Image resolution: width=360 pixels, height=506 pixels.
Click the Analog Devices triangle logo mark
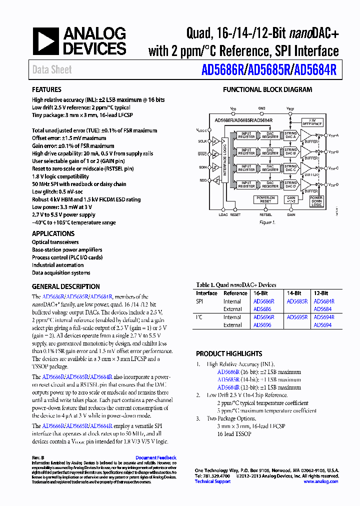pyautogui.click(x=46, y=42)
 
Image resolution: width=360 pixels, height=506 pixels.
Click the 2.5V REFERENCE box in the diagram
pyautogui.click(x=312, y=121)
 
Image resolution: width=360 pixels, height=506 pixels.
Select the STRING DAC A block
pyautogui.click(x=290, y=135)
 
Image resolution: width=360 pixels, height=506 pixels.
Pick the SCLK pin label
pyautogui.click(x=201, y=141)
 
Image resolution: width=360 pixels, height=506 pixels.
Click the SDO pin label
pyautogui.click(x=202, y=180)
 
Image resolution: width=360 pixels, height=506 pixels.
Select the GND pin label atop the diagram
pyautogui.click(x=262, y=108)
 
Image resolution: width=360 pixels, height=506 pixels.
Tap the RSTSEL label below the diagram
pyautogui.click(x=266, y=214)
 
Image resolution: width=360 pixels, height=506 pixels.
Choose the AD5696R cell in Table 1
pyautogui.click(x=263, y=317)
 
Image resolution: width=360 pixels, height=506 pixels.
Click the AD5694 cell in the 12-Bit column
pyautogui.click(x=322, y=325)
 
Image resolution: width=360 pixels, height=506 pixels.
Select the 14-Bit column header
pyautogui.click(x=294, y=293)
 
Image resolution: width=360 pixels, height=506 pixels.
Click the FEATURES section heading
pyautogui.click(x=47, y=90)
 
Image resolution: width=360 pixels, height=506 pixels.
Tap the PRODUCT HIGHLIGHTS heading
pyautogui.click(x=229, y=353)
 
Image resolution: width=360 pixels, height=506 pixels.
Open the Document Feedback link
pyautogui.click(x=156, y=457)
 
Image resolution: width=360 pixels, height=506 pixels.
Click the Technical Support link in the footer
pyautogui.click(x=212, y=481)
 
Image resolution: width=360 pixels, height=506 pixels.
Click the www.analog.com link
pyautogui.click(x=320, y=481)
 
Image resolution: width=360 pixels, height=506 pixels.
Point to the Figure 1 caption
pyautogui.click(x=267, y=222)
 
